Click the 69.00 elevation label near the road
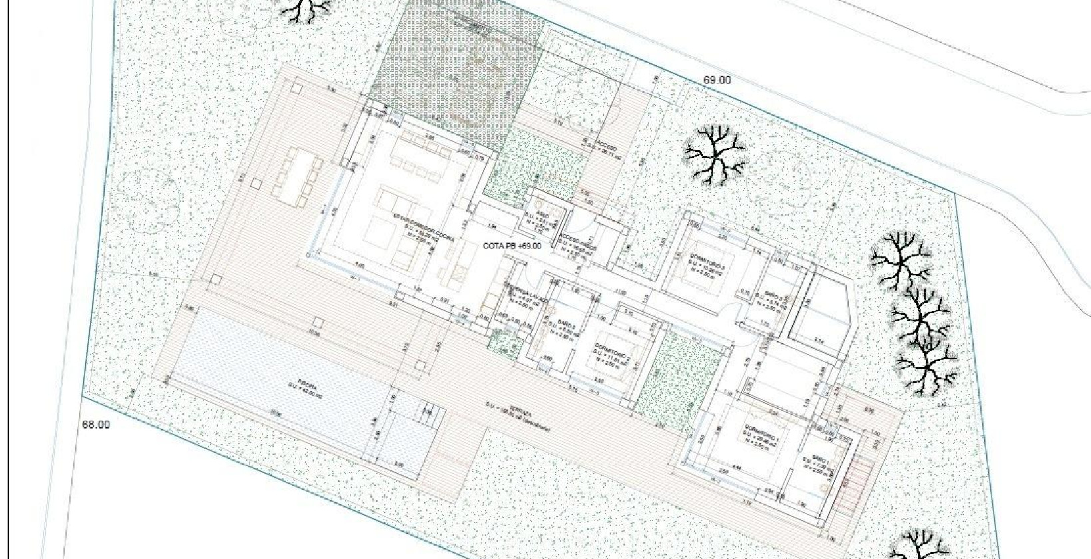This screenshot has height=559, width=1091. pyautogui.click(x=717, y=80)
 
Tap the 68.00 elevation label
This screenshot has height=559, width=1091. pyautogui.click(x=96, y=425)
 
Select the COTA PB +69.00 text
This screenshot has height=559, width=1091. pyautogui.click(x=512, y=246)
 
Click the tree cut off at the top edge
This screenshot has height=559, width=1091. pyautogui.click(x=307, y=9)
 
